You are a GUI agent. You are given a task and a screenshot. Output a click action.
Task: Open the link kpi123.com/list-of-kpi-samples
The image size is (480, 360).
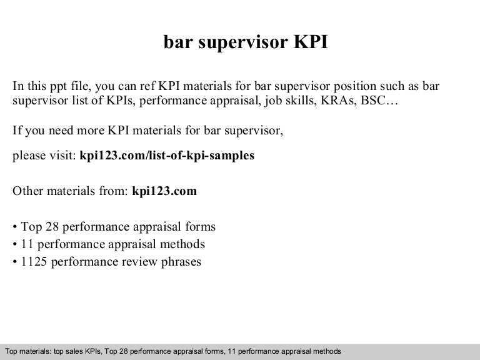pyautogui.click(x=167, y=156)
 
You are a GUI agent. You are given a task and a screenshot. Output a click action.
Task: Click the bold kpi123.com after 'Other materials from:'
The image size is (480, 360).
pyautogui.click(x=165, y=191)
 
